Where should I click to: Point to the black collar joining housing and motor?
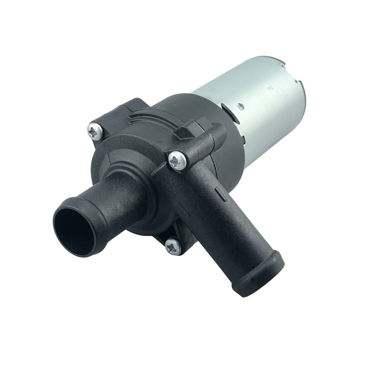[x=207, y=111]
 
